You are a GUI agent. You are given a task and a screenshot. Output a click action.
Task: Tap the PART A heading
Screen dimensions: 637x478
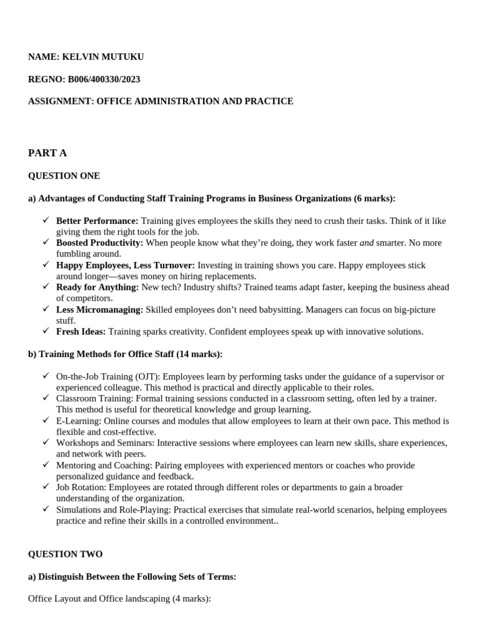(x=47, y=153)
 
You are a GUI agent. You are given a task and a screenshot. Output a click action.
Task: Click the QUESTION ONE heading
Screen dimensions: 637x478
(x=64, y=176)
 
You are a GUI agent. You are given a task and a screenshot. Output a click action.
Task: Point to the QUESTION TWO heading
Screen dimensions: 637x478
(x=65, y=554)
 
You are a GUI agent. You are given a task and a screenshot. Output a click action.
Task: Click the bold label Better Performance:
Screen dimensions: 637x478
(x=97, y=221)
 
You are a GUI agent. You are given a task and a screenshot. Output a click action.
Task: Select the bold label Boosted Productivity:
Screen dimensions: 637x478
(x=100, y=243)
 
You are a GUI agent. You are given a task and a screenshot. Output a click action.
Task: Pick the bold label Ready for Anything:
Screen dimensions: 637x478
(x=97, y=287)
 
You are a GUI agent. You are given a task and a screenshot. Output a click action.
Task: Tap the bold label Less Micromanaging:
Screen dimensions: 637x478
(x=100, y=310)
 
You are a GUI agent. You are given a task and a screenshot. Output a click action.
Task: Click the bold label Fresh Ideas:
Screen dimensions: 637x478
(x=81, y=332)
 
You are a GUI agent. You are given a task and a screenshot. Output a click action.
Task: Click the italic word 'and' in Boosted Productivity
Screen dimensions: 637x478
(x=367, y=243)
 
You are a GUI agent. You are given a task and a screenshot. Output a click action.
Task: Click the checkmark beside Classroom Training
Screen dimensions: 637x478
(x=46, y=398)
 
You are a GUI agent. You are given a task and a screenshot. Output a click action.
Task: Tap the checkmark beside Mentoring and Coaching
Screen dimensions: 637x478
(x=46, y=464)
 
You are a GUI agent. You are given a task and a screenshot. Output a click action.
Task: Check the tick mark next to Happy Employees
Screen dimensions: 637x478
(x=46, y=264)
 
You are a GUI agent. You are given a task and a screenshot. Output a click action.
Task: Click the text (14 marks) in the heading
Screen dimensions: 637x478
(x=199, y=354)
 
